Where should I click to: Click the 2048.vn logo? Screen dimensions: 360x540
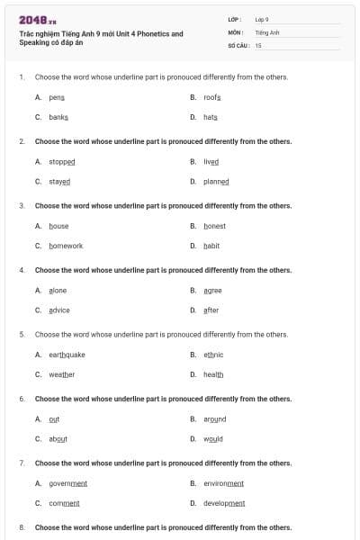click(x=38, y=19)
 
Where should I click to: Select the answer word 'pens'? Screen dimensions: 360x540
click(x=57, y=97)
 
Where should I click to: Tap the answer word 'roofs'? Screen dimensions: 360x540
click(x=212, y=97)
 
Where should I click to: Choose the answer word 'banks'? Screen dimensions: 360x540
click(x=58, y=118)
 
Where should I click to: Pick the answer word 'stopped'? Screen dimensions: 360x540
click(x=62, y=162)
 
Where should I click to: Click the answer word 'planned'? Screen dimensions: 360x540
click(x=217, y=182)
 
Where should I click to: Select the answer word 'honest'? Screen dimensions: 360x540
click(x=215, y=226)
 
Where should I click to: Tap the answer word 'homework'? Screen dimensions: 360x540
click(x=66, y=246)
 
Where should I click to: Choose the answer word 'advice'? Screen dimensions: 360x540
click(x=59, y=310)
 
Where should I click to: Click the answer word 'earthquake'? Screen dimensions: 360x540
click(x=67, y=355)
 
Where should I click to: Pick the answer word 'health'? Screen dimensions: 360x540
click(x=213, y=374)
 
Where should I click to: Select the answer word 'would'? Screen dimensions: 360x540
click(x=213, y=439)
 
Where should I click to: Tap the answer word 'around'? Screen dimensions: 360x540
click(x=215, y=419)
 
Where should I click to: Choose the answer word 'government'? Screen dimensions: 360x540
click(x=68, y=483)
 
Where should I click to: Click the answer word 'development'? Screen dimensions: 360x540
click(x=225, y=503)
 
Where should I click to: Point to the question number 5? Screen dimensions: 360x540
click(x=22, y=335)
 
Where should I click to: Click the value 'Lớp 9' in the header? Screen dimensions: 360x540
click(x=262, y=19)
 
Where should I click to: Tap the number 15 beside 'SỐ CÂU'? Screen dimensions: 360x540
click(x=258, y=44)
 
